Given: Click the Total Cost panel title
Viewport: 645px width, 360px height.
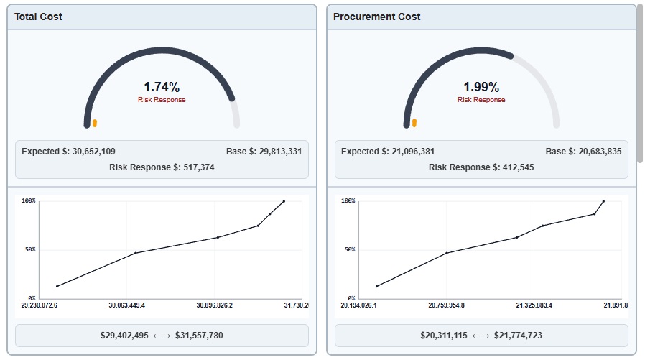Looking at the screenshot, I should (x=38, y=17).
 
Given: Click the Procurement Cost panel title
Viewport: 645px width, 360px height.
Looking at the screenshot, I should (x=377, y=17).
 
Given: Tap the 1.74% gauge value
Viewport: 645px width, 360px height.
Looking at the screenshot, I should (x=162, y=87).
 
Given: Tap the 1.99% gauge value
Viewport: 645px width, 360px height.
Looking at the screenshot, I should (x=481, y=87).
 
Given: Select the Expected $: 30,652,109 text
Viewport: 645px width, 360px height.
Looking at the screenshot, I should (x=68, y=152).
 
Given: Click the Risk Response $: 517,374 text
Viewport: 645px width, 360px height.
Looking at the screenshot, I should (x=162, y=167).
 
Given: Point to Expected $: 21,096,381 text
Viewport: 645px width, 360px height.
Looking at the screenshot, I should (x=388, y=152).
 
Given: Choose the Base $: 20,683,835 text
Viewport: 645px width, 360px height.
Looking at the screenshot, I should (x=583, y=152).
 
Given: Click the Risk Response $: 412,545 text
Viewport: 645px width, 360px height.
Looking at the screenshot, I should (x=481, y=167).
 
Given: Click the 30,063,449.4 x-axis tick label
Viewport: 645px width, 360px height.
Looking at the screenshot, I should (x=126, y=305).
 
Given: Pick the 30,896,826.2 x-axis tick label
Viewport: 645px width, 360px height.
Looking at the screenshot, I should (x=214, y=305).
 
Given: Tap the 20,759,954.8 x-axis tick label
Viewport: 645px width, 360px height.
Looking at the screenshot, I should (x=446, y=305).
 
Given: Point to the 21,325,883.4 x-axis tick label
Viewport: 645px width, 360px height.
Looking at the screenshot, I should (x=534, y=305).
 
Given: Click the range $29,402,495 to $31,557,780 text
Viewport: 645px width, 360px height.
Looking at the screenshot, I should (x=162, y=336).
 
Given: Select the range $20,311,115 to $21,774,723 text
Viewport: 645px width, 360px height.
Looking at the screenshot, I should (x=481, y=336).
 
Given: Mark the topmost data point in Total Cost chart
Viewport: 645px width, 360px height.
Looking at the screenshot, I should (x=284, y=201).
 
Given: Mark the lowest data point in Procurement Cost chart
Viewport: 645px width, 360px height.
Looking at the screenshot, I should (x=377, y=286).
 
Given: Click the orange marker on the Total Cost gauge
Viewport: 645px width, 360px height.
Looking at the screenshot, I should (x=95, y=123).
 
